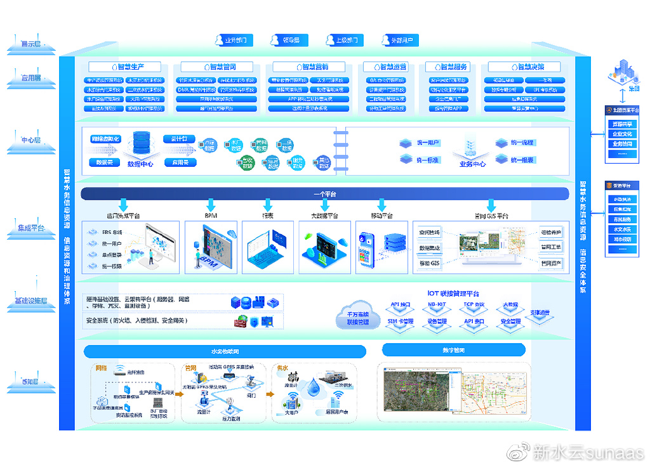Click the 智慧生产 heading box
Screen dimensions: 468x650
pos(124,67)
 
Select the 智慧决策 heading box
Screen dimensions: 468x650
pos(525,67)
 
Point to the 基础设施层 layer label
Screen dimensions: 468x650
pos(30,301)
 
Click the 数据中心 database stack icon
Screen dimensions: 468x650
pos(140,145)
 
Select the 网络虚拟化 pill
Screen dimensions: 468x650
pos(105,138)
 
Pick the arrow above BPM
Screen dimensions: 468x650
pos(211,205)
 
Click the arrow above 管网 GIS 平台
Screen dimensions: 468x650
pos(491,205)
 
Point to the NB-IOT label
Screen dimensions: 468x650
pos(437,304)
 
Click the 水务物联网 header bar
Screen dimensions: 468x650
pos(225,351)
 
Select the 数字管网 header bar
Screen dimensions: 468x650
pos(453,350)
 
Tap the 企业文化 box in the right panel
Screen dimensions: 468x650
pos(621,134)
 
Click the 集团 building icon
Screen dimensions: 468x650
pos(621,73)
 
